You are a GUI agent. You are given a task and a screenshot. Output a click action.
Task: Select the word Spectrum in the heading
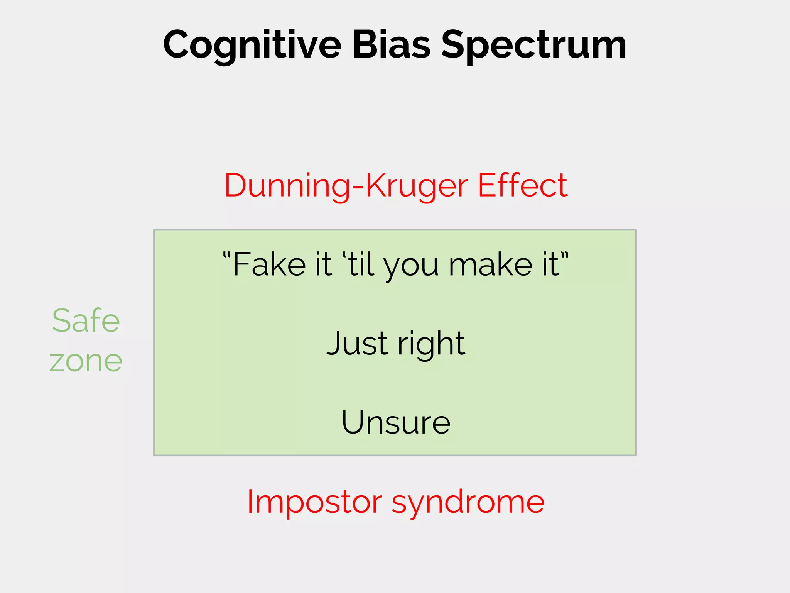coord(534,46)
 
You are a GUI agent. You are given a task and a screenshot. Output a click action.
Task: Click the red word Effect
coord(523,185)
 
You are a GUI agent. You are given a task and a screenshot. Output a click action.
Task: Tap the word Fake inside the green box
coord(270,264)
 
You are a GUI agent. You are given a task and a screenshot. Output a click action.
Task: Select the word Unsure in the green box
coord(396,422)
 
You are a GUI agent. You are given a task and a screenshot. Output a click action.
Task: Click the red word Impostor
coord(314,502)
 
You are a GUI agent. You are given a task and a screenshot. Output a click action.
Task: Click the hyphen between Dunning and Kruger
coord(358,187)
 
